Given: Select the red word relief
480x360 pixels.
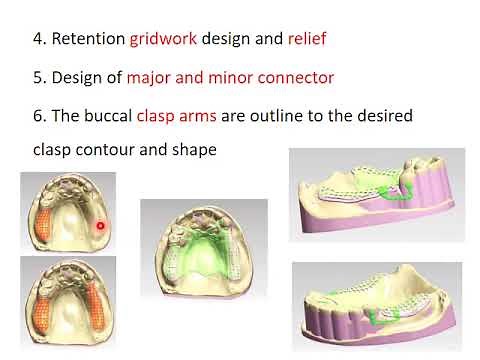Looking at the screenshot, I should tap(307, 41).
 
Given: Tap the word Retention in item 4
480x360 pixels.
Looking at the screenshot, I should tap(86, 41).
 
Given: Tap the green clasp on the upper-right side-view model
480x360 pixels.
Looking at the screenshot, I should tap(405, 192).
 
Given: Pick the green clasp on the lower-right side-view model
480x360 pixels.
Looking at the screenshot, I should tap(381, 316).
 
